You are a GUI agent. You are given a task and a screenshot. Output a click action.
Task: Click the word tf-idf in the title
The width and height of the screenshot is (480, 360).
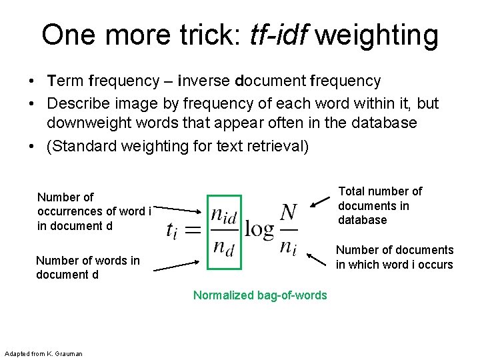[279, 35]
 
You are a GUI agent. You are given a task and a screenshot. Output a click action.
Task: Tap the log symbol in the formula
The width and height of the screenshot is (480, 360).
[259, 230]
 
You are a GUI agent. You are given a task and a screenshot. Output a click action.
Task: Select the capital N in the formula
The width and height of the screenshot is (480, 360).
[289, 213]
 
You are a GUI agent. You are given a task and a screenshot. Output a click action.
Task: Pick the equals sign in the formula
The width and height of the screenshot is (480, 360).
[193, 230]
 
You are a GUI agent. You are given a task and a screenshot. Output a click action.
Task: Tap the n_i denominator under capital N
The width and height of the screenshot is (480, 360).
[287, 249]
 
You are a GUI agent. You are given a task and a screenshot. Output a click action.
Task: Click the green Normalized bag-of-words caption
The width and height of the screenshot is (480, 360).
[260, 295]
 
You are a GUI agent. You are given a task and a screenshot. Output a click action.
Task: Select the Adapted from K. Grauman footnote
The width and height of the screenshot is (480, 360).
[43, 353]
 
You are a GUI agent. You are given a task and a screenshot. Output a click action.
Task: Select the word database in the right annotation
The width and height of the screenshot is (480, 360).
[362, 220]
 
